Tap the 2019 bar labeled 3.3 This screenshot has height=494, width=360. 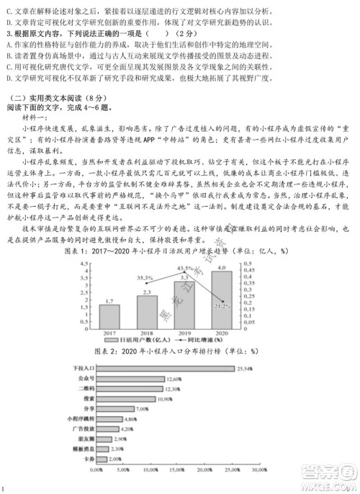(184, 303)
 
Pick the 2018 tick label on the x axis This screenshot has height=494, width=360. (146, 333)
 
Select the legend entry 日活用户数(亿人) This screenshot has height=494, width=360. (148, 341)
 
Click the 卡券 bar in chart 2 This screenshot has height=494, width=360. (102, 459)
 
